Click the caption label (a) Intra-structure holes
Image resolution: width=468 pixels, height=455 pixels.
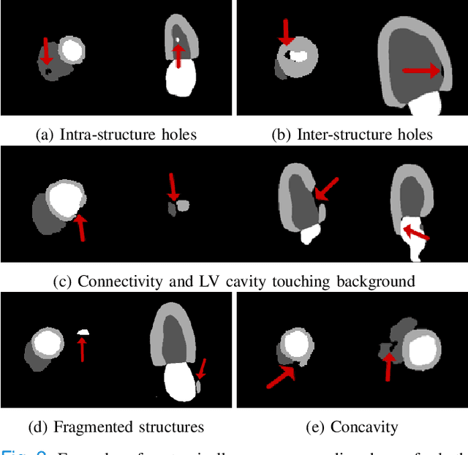[x=116, y=135]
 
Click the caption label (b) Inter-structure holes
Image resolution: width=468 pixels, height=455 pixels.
[x=352, y=135]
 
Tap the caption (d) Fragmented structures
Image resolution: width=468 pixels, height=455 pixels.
[x=117, y=426]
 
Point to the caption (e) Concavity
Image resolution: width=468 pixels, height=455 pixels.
[x=351, y=426]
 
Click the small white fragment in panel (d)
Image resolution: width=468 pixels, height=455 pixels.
[x=83, y=332]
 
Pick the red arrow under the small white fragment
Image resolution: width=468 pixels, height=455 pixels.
[x=82, y=349]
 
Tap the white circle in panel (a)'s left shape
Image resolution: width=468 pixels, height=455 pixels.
[x=71, y=50]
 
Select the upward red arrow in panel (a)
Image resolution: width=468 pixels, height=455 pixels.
[x=177, y=55]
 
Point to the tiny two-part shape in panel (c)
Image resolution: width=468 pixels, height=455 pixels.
[x=178, y=208]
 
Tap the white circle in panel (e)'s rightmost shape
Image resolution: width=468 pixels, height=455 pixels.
[x=423, y=350]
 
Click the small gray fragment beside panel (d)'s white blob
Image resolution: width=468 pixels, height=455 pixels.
[x=198, y=386]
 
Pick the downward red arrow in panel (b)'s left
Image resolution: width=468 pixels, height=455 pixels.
[x=287, y=32]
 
